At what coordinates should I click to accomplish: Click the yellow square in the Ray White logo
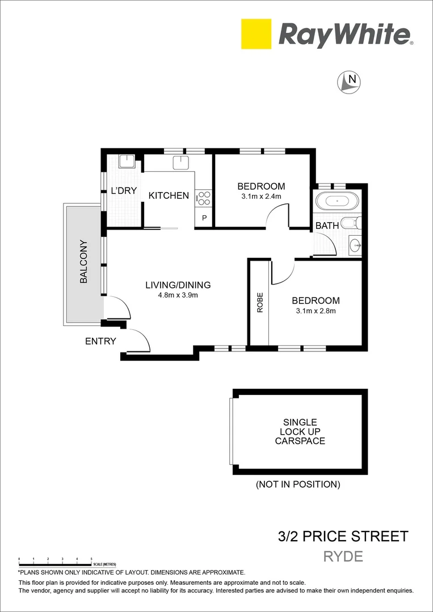(256, 34)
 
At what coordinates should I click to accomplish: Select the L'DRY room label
(124, 190)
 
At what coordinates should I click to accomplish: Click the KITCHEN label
(169, 195)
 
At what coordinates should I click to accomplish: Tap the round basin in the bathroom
(355, 245)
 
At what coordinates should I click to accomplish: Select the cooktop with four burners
(204, 198)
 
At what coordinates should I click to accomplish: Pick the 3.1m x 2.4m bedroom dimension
(261, 197)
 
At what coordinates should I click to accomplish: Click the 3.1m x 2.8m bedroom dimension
(316, 311)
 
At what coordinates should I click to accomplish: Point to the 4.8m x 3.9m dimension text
(178, 295)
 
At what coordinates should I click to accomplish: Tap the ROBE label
(260, 302)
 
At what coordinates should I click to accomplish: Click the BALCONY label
(83, 262)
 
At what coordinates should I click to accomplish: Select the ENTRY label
(100, 341)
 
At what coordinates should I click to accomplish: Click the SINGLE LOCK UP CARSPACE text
(300, 431)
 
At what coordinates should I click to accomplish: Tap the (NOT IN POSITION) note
(298, 484)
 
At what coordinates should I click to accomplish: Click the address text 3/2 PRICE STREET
(343, 536)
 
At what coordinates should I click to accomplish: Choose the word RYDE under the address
(343, 556)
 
